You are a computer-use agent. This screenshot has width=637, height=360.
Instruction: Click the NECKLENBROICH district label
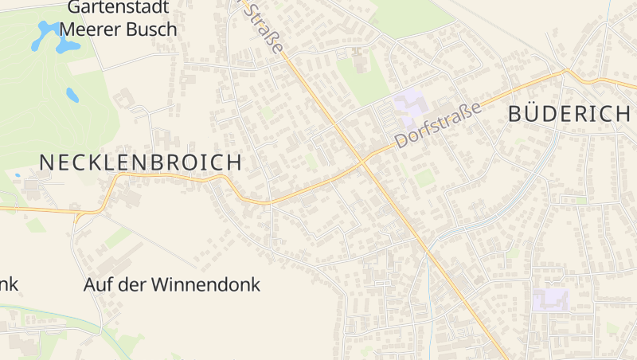coord(140,162)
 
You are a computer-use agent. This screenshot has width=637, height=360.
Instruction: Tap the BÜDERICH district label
coord(569,114)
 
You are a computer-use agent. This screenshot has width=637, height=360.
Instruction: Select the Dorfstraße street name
coord(439,126)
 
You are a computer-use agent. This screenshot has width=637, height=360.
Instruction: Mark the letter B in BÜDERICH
coord(515,114)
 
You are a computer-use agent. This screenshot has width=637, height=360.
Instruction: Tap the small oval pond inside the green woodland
coord(72,96)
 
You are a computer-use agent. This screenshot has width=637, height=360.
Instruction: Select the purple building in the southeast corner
coord(551,299)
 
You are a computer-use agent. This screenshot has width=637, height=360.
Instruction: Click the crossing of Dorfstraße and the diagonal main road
coord(363,162)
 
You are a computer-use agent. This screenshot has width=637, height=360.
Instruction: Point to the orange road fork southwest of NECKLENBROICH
coord(77,213)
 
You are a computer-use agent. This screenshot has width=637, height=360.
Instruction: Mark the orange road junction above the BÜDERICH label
coord(565,72)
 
